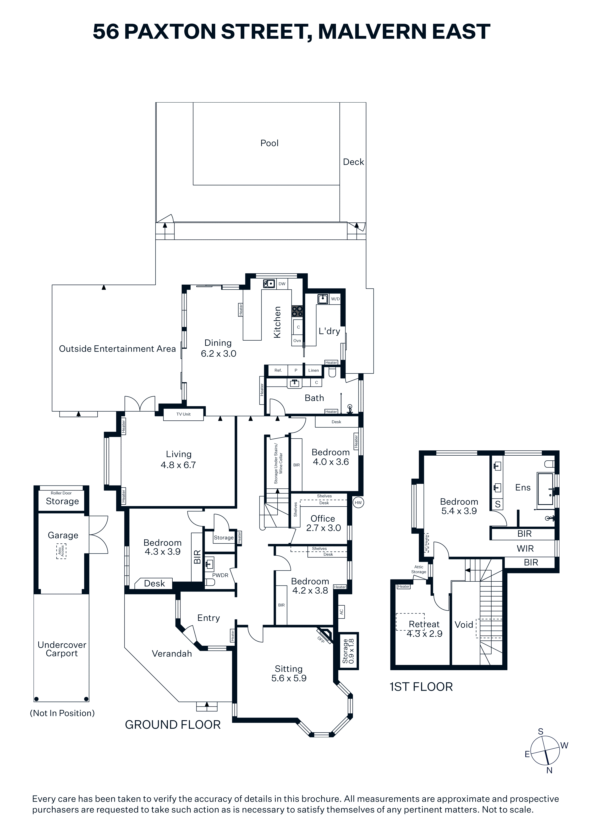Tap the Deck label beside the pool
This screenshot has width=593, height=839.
point(353,162)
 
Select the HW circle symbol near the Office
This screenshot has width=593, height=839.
point(358,502)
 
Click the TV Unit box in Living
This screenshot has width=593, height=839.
point(183,414)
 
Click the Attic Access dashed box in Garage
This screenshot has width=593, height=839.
point(61,551)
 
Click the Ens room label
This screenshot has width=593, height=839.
point(523,487)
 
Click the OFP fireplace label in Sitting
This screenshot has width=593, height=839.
point(321,640)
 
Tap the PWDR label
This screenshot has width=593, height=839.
point(220,575)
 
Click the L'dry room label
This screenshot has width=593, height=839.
point(329,331)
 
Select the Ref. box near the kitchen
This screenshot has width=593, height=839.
point(278,370)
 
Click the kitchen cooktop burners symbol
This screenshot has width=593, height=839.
point(297,311)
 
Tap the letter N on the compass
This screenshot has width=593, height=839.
point(549,770)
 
